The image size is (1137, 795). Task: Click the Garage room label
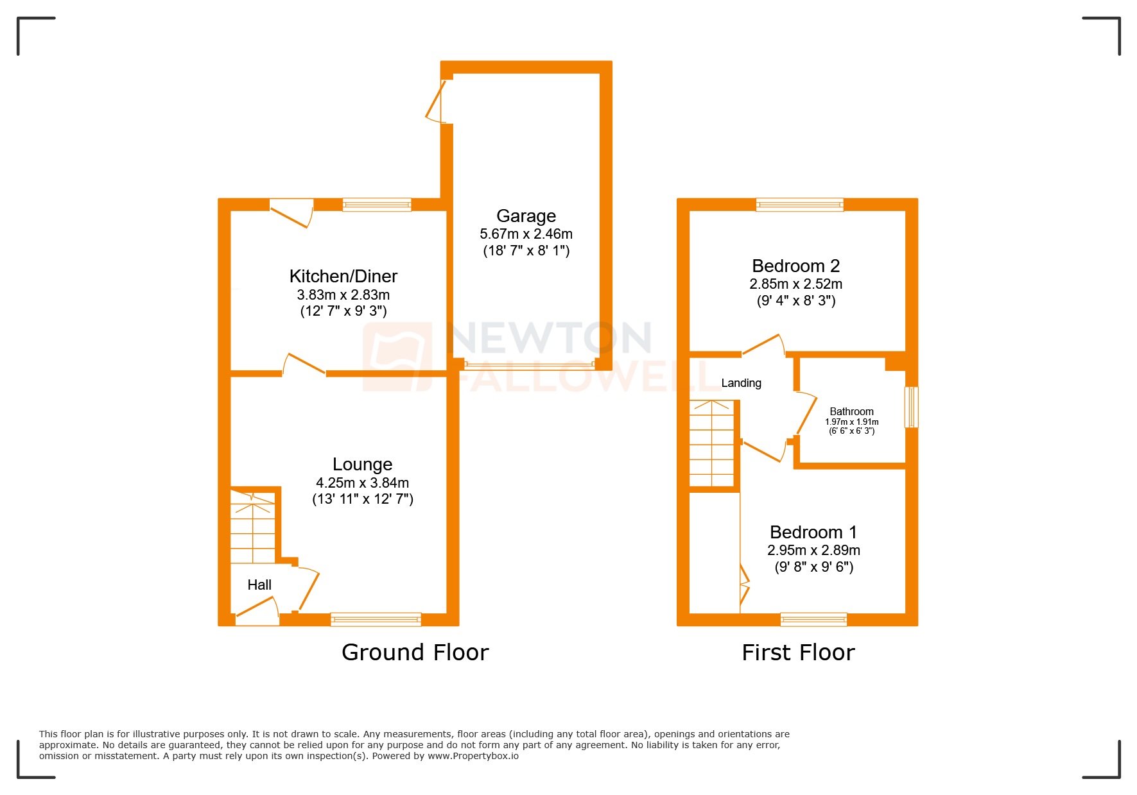[x=526, y=216]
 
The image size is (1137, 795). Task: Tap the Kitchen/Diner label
[x=343, y=277]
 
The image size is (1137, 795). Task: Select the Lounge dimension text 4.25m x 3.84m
[x=362, y=483]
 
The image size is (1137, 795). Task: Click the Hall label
[x=259, y=585]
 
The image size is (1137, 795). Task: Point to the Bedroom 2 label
[x=795, y=266]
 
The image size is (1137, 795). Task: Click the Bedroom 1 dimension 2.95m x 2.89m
[x=813, y=551]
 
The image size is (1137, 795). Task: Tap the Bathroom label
[x=851, y=412]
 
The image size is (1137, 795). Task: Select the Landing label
[x=741, y=383]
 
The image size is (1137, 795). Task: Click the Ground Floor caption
[x=415, y=653]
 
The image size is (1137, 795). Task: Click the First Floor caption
[x=798, y=653]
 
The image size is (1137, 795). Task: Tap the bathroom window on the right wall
[x=911, y=407]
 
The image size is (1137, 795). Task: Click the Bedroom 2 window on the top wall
[x=799, y=205]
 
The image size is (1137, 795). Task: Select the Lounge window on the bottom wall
[x=376, y=619]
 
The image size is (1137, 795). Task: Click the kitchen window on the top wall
[x=376, y=205]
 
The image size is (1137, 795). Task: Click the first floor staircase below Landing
[x=711, y=443]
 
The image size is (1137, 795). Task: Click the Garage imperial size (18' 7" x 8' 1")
[x=526, y=251]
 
